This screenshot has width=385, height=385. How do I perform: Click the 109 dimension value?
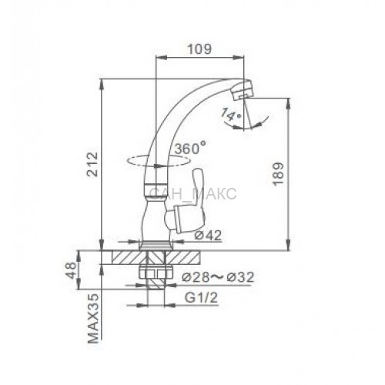200,49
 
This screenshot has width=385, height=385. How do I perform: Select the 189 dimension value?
279,173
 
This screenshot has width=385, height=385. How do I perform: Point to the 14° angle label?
231,115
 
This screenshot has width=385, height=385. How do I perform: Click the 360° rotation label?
190,148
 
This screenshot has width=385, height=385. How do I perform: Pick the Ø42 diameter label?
208,235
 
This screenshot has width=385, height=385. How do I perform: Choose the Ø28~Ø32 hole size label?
218,277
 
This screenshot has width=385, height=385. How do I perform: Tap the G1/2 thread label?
201,298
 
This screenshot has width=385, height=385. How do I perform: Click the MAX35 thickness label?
93,319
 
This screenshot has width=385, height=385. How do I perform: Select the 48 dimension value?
72,270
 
